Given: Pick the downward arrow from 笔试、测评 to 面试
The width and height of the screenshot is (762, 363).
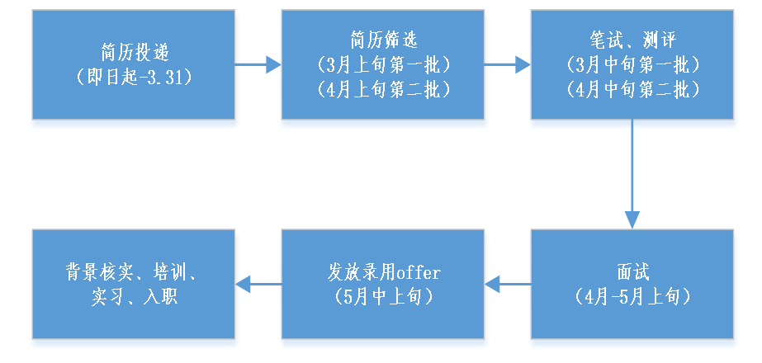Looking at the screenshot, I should pos(632,173).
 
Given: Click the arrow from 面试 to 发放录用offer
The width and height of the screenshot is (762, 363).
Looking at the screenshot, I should pos(507,285).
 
